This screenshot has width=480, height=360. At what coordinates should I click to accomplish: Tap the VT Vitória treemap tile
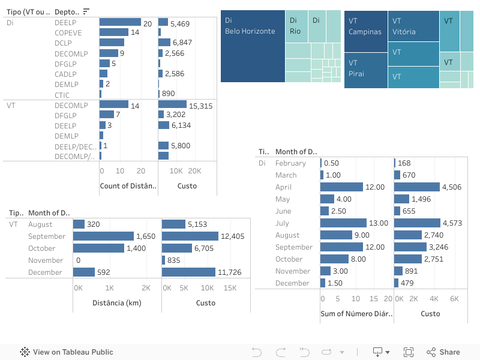point(413,26)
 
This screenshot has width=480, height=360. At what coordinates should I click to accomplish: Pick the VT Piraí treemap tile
point(365,70)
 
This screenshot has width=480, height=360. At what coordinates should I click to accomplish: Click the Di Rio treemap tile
point(296,26)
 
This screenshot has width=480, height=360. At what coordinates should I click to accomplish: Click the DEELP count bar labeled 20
point(120,22)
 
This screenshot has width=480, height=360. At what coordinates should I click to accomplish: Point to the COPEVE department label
point(68,32)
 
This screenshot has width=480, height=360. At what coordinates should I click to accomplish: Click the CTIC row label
point(62,94)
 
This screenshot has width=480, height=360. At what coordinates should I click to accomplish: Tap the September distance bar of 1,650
point(103,236)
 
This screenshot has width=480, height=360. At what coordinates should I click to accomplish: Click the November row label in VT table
point(46,260)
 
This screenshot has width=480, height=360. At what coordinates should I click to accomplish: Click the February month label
point(290,163)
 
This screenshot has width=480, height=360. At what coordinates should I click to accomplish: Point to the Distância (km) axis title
point(117,303)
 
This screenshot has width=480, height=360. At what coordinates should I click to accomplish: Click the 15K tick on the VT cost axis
point(230,288)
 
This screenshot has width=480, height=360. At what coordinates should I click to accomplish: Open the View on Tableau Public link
point(67,352)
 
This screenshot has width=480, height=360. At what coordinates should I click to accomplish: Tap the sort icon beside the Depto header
point(86,11)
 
